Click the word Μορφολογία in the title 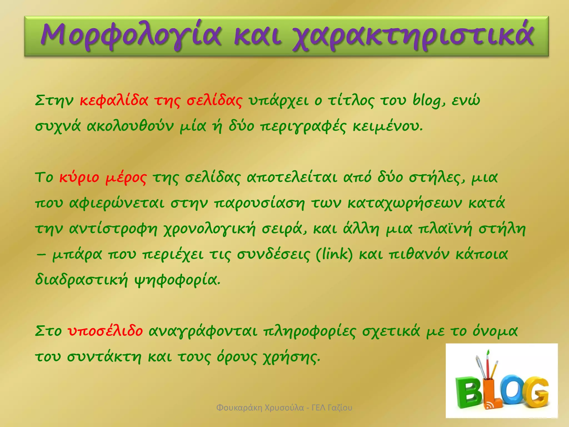[x=131, y=36]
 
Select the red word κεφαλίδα [x=114, y=101]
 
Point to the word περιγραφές [x=303, y=127]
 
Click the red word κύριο [x=79, y=178]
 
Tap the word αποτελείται [x=292, y=178]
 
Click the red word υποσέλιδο [x=106, y=331]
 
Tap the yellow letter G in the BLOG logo [x=535, y=392]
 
